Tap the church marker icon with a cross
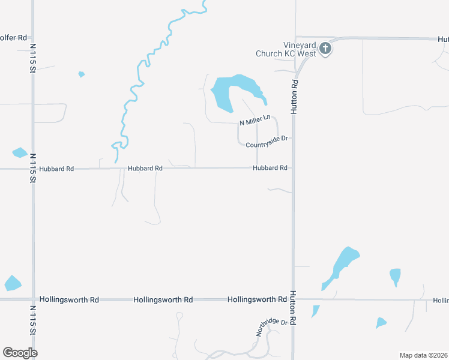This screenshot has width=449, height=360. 325,48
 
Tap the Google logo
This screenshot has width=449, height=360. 20,353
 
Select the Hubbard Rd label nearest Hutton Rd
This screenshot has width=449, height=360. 270,168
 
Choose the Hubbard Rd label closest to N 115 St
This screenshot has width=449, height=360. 56,169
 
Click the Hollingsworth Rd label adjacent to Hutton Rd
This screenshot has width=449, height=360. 257,299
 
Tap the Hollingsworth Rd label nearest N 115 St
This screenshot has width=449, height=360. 68,299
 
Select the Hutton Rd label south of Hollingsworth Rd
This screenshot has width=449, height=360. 294,308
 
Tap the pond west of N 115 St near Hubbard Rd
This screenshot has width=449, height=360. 19,152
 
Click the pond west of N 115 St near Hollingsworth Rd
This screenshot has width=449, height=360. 12,283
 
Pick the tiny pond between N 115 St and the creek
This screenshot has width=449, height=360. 81,74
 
